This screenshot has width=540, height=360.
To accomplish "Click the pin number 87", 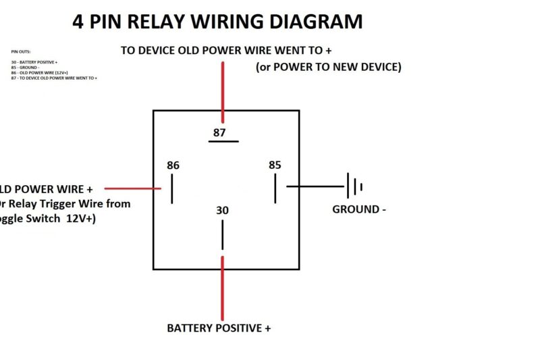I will tap(219, 132).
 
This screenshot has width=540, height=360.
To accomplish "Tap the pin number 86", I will tap(173, 165).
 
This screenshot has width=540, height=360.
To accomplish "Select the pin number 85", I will tap(275, 165).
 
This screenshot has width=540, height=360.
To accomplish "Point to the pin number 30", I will tap(222, 211).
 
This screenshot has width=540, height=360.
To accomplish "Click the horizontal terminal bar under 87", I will tap(223, 141).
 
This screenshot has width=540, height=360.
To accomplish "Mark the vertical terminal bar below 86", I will tap(172, 188).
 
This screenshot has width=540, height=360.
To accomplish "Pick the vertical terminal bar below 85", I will tap(275, 188).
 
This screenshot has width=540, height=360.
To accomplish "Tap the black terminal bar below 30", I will tap(222, 234).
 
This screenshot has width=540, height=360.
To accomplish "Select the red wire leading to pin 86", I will tap(132, 188).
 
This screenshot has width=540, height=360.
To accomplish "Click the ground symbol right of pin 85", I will tap(354, 186).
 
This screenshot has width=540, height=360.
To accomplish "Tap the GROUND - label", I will tap(359, 209).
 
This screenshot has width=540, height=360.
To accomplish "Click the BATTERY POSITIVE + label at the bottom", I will tap(219, 328).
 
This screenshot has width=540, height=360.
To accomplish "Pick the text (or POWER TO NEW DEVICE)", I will tap(329, 67).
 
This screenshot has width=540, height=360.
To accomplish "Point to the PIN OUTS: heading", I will tap(21, 51).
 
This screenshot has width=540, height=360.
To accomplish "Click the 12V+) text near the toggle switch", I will tap(81, 219).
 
